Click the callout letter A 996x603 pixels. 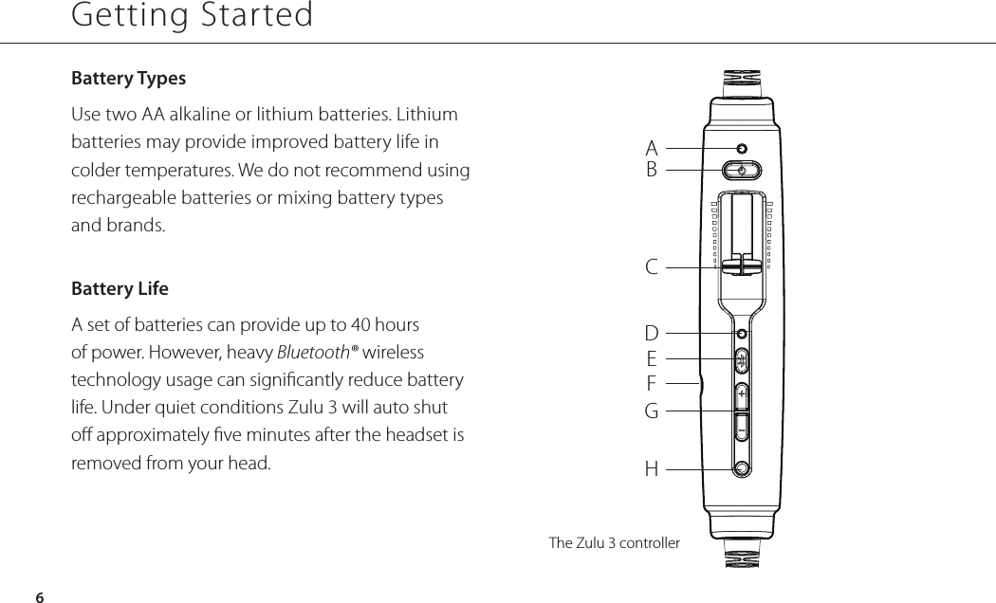[x=652, y=148]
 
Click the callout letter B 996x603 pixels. [x=652, y=171]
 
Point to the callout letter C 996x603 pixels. [x=652, y=267]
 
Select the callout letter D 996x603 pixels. [x=652, y=334]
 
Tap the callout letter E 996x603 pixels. [x=652, y=359]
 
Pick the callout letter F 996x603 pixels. [x=652, y=384]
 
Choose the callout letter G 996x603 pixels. [x=652, y=412]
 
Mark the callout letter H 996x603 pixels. [x=652, y=468]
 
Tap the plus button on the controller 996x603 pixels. [x=741, y=393]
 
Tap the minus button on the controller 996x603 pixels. [x=741, y=429]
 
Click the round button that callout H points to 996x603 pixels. [x=741, y=467]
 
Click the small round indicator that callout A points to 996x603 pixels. [x=741, y=148]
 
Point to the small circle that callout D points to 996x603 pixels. [x=742, y=334]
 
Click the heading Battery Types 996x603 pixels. [x=129, y=78]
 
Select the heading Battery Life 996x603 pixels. [x=120, y=288]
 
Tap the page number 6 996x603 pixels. [x=39, y=596]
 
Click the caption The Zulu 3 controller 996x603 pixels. [x=615, y=543]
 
